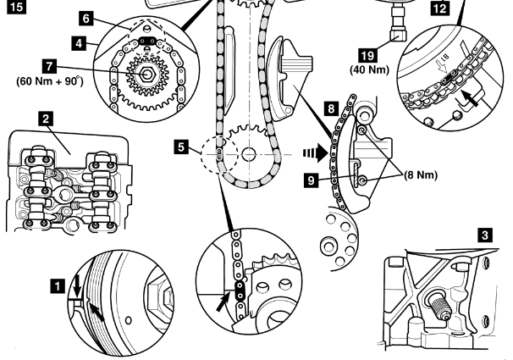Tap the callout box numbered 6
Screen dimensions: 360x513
pos(86,17)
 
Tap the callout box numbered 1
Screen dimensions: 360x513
pos(58,288)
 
